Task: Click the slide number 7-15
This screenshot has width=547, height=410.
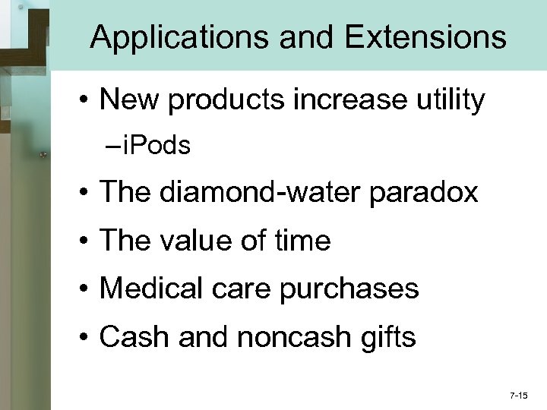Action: pos(520,396)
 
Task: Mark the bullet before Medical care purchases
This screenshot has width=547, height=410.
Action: pos(88,289)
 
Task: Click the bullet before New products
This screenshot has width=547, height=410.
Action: pos(88,100)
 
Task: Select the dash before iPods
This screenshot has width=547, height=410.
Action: pos(112,146)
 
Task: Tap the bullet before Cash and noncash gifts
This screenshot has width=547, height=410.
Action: pos(88,337)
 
